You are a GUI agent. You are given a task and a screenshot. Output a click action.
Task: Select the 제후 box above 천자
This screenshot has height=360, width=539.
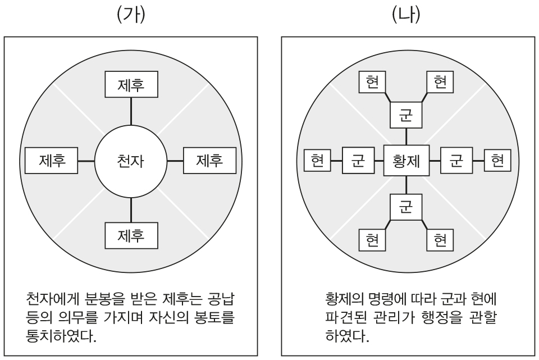(130, 85)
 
